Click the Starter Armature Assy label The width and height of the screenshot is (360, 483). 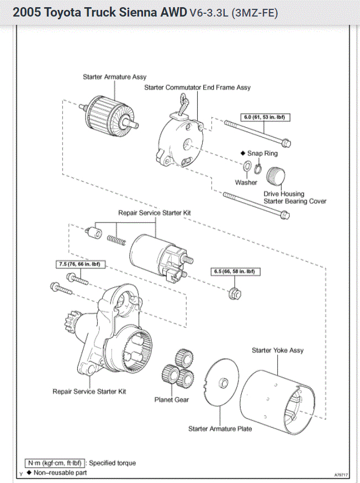(115, 77)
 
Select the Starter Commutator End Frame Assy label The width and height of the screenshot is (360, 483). (197, 87)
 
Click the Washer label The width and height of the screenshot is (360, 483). (246, 182)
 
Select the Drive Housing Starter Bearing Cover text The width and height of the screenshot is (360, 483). (295, 198)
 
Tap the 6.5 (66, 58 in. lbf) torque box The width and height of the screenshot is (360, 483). (235, 272)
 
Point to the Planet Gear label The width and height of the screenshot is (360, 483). (171, 400)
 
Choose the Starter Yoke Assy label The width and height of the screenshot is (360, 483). (277, 350)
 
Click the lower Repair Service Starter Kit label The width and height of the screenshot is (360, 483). (89, 391)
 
